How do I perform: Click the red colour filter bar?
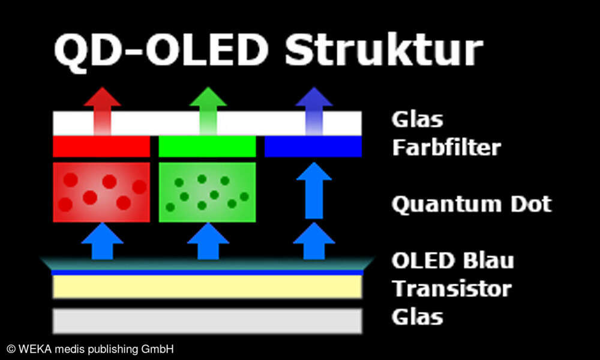pos(101,146)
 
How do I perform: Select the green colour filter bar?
pos(207,146)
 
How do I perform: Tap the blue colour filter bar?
pos(313,146)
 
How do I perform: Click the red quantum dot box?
pos(101,192)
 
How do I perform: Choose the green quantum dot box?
pos(207,192)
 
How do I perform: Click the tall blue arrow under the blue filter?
pos(313,190)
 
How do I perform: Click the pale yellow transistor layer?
pos(207,287)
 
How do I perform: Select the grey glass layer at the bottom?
pos(207,320)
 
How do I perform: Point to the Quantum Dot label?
pos(471,204)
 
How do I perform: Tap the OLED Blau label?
pos(452,261)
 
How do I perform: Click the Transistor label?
pos(451,289)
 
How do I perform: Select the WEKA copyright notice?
pos(90,349)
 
